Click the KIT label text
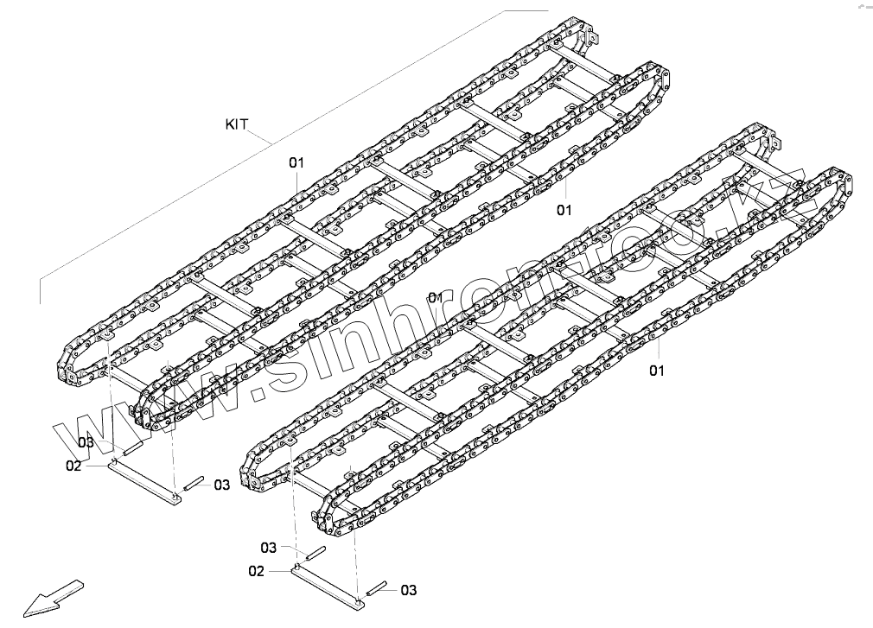pos(237,124)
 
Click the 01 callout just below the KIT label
pos(296,162)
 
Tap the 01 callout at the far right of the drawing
pos(657,371)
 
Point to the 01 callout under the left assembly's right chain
pos(564,209)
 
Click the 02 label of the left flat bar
pos(73,466)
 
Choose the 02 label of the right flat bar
pos(256,571)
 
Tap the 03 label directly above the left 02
pos(86,442)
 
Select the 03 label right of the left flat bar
pos(222,485)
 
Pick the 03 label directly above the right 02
pos(269,547)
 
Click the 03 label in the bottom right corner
pos(408,590)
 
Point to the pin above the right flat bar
pos(314,552)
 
